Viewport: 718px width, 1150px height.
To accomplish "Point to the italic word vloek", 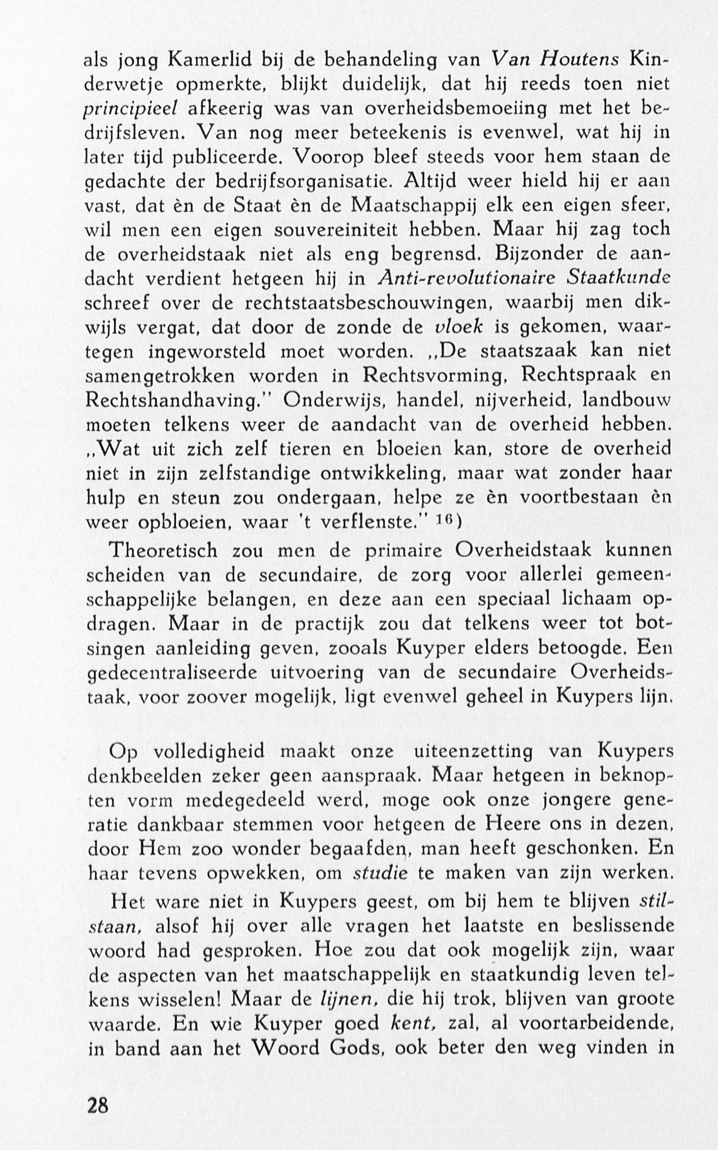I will pos(459,327).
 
